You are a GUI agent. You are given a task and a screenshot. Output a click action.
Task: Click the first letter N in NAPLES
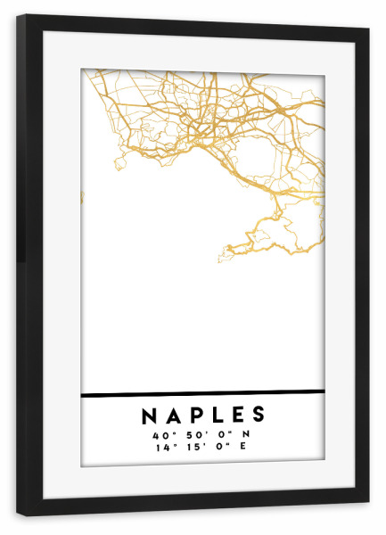[148, 416]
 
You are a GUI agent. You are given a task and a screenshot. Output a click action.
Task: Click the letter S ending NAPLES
[258, 416]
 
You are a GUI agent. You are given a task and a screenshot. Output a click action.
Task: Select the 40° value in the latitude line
[160, 433]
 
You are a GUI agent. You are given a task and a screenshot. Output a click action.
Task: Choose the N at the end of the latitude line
[245, 433]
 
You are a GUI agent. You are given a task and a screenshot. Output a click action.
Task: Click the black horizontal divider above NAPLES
[202, 392]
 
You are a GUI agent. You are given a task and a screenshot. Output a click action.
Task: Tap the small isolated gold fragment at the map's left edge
[82, 196]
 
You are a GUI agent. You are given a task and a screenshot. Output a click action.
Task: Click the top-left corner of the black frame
[18, 17]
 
